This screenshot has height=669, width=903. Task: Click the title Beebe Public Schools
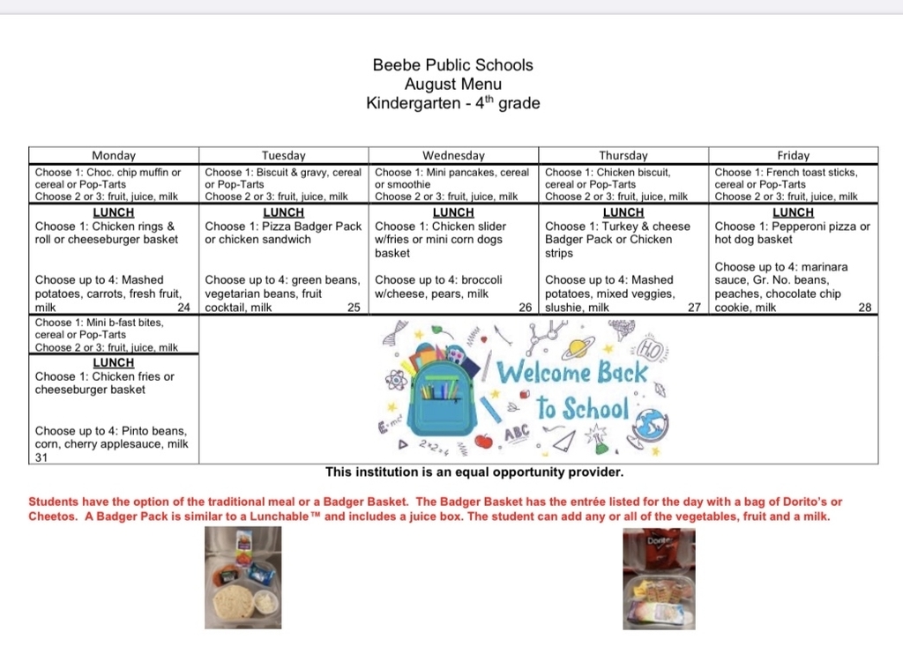click(453, 65)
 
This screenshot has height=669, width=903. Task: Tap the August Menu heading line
click(453, 85)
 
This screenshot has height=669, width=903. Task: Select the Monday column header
click(114, 155)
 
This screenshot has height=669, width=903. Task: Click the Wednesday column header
click(453, 155)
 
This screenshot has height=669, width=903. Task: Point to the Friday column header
click(794, 155)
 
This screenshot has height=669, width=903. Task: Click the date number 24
click(183, 308)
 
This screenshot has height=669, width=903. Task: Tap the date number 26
click(525, 308)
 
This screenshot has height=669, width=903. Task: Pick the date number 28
click(865, 308)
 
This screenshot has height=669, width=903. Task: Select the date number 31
click(41, 457)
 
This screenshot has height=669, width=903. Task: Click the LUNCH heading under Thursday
click(623, 212)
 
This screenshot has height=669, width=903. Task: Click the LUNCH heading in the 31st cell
click(114, 362)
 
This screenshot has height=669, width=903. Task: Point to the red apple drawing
click(483, 440)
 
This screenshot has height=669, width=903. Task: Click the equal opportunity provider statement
click(474, 472)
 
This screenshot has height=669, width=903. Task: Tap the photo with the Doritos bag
click(658, 577)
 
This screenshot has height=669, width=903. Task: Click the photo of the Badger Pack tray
click(243, 577)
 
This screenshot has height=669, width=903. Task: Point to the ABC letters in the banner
click(517, 434)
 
